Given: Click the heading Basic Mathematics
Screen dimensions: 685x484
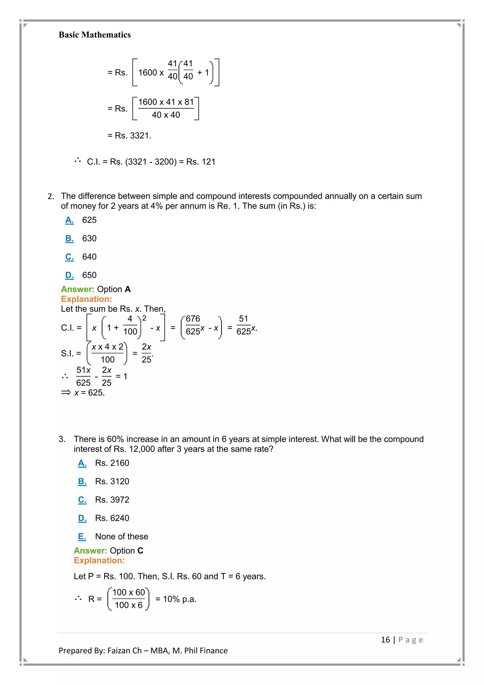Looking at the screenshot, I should coord(95,35).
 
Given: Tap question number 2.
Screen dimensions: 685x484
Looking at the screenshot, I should coord(51,196).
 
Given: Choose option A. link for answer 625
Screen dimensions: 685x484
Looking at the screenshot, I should coord(69,220).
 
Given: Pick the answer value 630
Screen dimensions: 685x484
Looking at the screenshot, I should coord(89,238).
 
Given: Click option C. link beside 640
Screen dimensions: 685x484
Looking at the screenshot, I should coord(69,257).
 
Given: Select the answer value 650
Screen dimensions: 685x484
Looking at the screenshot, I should coord(89,275).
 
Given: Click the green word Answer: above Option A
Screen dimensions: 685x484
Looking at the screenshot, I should coord(78,289).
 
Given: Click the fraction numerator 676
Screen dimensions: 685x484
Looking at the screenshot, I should coord(193,319).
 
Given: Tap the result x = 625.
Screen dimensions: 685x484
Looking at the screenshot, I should coord(89,393).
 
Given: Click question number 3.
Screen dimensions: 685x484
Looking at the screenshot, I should coord(62,439).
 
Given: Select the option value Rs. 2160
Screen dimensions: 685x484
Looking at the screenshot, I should coord(112,463).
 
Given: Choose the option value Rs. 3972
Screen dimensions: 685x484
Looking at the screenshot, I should coord(112,500).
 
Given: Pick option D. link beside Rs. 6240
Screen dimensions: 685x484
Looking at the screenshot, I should coord(82,518).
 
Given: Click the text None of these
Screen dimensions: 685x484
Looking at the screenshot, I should coord(122,536).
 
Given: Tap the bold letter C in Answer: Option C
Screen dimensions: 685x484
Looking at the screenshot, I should coord(140,550).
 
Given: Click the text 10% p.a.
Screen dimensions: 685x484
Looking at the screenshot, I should coord(179,599).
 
